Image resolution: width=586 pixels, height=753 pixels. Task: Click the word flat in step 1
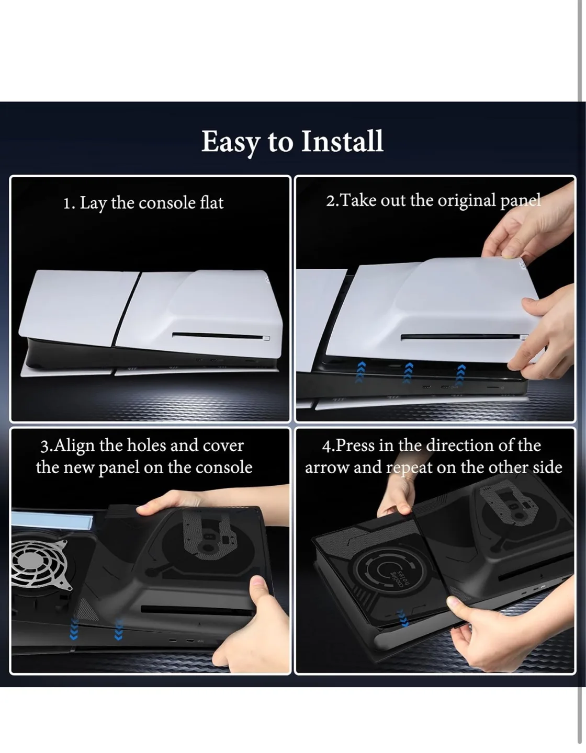click(211, 203)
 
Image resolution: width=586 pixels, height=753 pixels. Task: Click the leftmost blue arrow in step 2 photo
click(359, 373)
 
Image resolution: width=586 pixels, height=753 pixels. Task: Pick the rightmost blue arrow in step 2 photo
click(460, 374)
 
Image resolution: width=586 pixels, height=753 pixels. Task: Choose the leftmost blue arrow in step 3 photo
click(74, 629)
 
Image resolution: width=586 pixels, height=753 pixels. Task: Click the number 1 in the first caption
click(67, 203)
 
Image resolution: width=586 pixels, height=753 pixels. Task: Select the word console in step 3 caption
click(223, 467)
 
